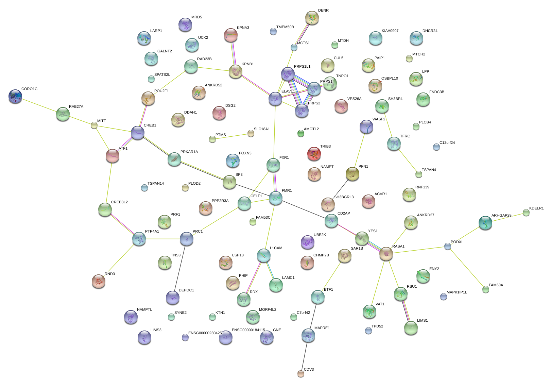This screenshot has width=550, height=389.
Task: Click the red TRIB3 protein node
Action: [x=314, y=154]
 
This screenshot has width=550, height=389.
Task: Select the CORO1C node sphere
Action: [x=15, y=96]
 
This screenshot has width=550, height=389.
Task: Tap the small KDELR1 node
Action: [x=526, y=213]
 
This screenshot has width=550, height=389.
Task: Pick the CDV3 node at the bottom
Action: [x=300, y=373]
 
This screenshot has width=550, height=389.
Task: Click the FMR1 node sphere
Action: [x=275, y=198]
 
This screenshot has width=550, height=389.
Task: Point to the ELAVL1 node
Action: [x=275, y=99]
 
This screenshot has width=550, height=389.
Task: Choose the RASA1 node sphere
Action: [x=386, y=253]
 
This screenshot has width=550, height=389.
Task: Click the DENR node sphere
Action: [x=312, y=18]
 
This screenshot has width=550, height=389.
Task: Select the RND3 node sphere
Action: [x=99, y=281]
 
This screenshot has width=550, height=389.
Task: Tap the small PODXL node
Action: [x=448, y=246]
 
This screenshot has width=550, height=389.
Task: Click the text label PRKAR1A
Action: [x=189, y=152]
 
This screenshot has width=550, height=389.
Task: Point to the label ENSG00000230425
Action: [x=205, y=333]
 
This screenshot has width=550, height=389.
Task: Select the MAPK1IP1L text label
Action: [x=457, y=292]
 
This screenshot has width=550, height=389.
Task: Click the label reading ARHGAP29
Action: [x=501, y=216]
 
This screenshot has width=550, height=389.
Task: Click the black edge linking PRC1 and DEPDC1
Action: [x=180, y=268]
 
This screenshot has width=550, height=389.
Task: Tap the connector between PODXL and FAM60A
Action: [x=467, y=268]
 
